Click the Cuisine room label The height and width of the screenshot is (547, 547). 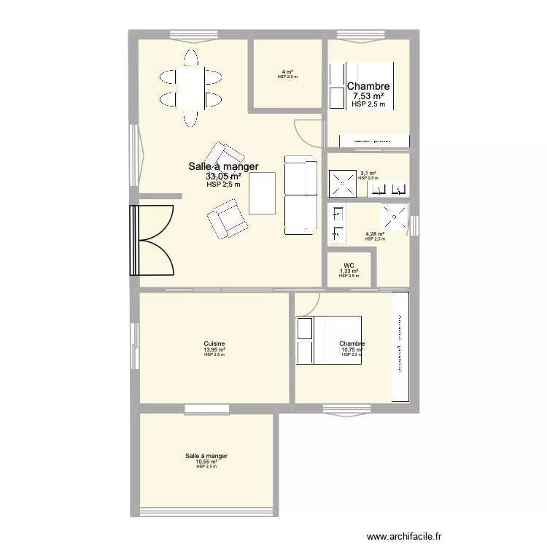pyautogui.click(x=214, y=344)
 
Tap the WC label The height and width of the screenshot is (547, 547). pyautogui.click(x=349, y=265)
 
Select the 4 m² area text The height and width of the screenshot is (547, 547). pyautogui.click(x=287, y=71)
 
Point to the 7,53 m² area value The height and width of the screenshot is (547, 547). pyautogui.click(x=368, y=96)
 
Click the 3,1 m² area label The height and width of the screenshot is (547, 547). pyautogui.click(x=368, y=173)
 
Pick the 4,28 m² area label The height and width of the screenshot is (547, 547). pyautogui.click(x=374, y=234)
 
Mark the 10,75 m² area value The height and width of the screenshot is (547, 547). pyautogui.click(x=352, y=349)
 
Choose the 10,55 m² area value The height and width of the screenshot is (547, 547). pyautogui.click(x=206, y=462)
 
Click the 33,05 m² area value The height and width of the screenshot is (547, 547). pyautogui.click(x=223, y=176)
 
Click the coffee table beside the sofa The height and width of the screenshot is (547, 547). pyautogui.click(x=263, y=192)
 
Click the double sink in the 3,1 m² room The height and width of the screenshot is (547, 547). pyautogui.click(x=388, y=189)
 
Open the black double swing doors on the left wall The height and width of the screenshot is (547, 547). pyautogui.click(x=152, y=240)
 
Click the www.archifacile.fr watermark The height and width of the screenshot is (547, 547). pyautogui.click(x=404, y=536)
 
